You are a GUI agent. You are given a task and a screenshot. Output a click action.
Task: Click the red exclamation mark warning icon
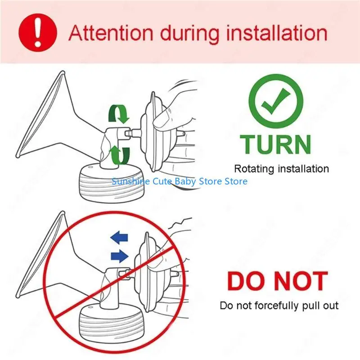(37, 32)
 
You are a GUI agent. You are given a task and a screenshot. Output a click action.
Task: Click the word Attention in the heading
(111, 33)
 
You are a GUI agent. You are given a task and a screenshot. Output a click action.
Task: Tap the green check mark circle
(276, 101)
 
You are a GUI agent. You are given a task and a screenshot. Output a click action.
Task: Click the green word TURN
(275, 144)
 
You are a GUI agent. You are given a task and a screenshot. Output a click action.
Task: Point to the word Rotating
(254, 169)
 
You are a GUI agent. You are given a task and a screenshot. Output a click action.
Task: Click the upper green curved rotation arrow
(119, 114)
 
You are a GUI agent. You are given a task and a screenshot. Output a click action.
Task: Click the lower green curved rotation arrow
(119, 155)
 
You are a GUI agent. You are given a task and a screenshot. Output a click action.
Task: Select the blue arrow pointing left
(119, 238)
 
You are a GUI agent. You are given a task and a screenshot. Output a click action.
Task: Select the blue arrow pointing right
(119, 256)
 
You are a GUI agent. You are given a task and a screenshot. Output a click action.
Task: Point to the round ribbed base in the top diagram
(111, 183)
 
